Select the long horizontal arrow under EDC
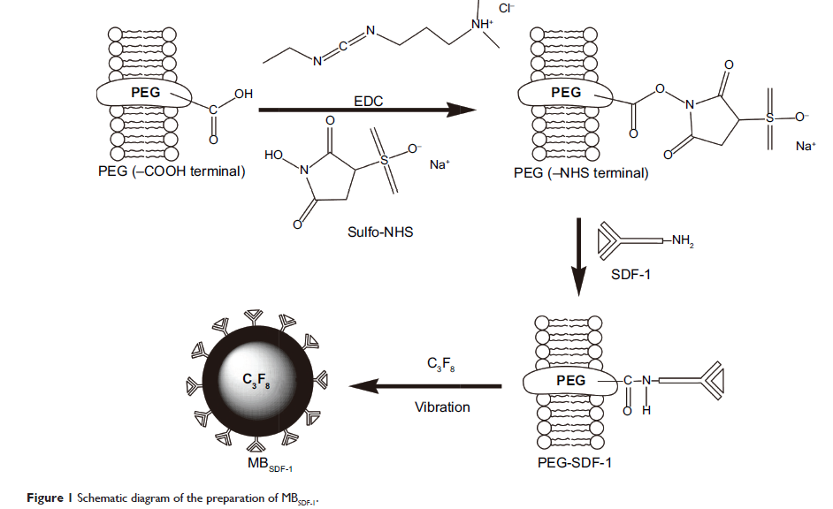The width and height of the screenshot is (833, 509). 366,110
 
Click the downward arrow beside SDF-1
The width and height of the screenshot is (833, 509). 577,255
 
